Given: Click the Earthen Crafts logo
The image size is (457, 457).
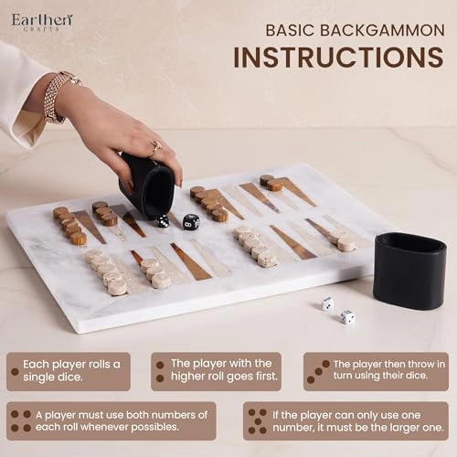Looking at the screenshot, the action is point(42,22).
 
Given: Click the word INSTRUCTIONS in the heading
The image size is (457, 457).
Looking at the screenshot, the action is point(338,58).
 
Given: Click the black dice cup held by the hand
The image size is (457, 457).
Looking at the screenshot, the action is point(148,186).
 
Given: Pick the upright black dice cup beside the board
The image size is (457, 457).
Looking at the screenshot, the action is point(410,271).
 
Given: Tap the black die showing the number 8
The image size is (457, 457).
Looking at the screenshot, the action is point(191,222).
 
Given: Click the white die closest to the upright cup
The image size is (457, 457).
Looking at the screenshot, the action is point(327,303).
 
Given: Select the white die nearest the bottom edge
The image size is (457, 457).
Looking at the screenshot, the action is point(347,317).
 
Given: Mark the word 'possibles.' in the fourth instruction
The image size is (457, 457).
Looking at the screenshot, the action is point(154,427).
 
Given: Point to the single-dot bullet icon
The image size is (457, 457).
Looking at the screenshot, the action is point(15,372).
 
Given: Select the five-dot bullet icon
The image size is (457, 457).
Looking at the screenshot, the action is point(258,421).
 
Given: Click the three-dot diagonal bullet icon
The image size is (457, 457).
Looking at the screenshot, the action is point(318,372).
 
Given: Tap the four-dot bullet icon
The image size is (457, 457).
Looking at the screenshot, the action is point(21,421).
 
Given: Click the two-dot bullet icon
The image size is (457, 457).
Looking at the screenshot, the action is point(160,371).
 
